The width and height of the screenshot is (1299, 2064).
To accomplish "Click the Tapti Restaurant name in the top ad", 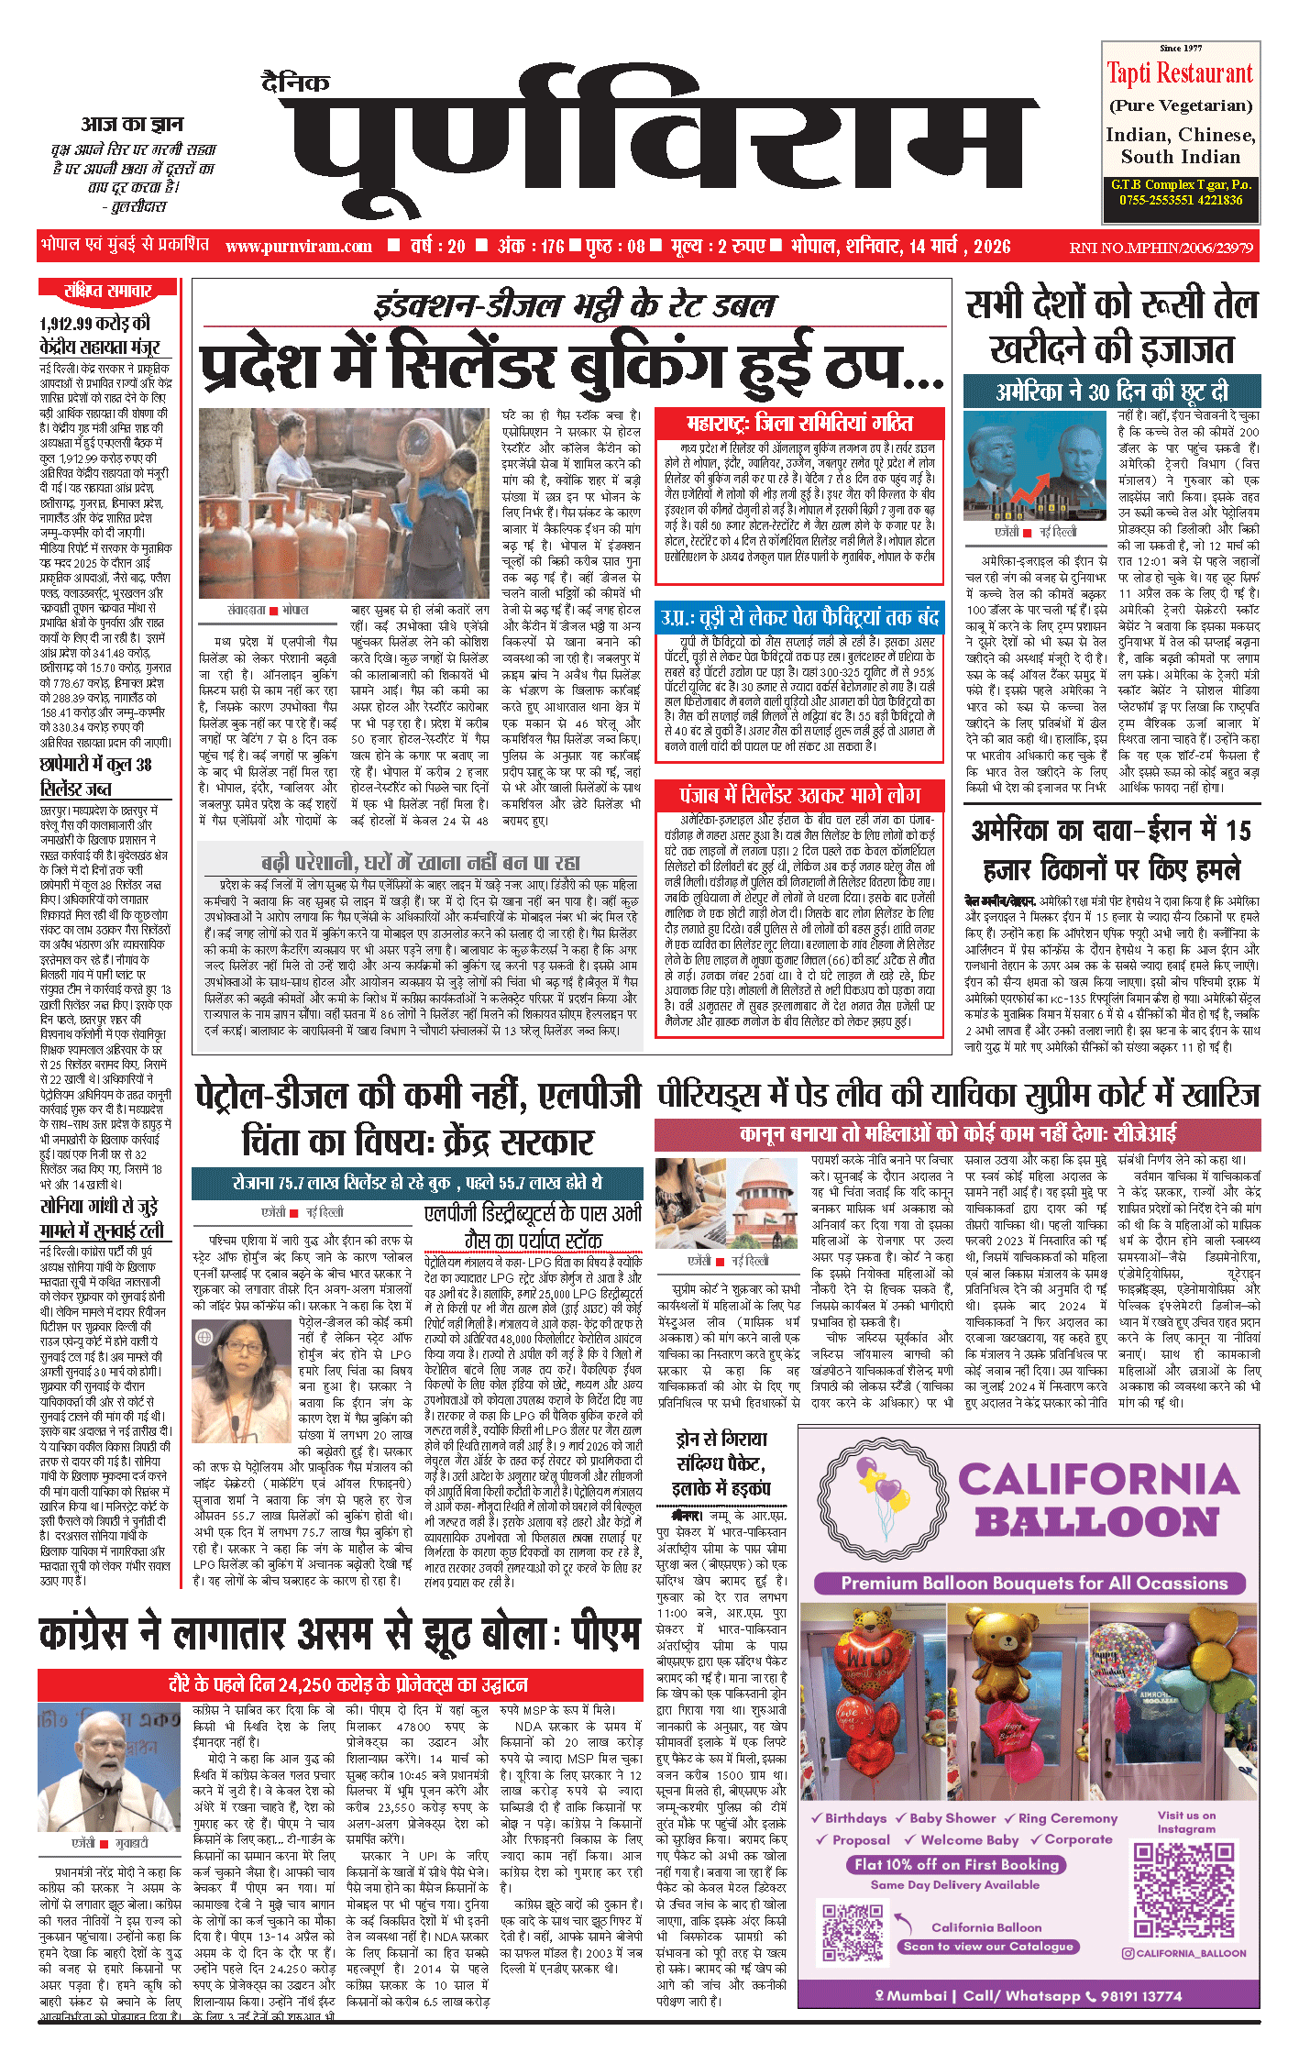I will [1179, 73].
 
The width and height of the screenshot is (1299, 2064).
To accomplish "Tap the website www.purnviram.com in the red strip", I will [298, 246].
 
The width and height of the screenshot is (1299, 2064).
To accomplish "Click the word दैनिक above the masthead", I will [295, 83].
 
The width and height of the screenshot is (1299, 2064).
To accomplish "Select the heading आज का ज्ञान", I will [132, 124].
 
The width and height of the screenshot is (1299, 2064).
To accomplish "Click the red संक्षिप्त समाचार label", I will [107, 291].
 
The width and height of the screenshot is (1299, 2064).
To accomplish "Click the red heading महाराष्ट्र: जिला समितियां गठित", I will [799, 423].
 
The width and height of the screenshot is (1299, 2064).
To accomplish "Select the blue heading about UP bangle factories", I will [799, 617].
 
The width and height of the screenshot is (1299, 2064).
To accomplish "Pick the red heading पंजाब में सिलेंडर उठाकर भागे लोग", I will [799, 794].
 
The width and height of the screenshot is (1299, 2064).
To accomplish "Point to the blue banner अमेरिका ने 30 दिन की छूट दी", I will [1111, 392].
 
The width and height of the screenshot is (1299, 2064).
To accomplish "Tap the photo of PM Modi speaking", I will [109, 1768].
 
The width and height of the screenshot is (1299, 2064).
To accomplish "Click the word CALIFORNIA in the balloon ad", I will [1098, 1480].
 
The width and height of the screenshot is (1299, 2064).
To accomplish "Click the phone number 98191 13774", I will [1140, 1995].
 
